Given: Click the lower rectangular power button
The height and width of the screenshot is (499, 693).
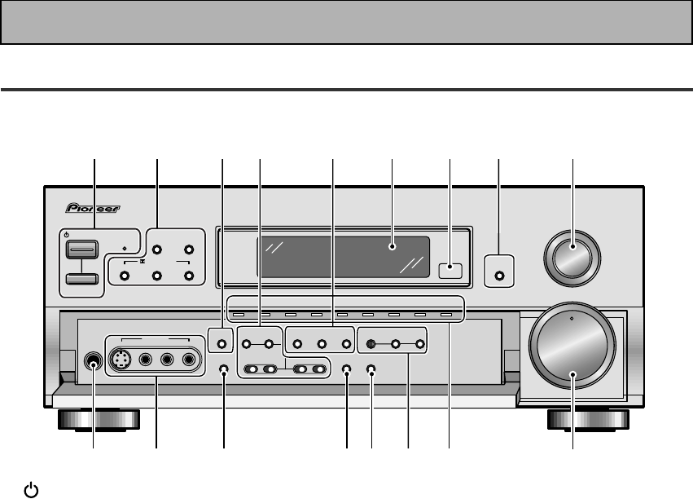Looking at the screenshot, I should (x=82, y=279).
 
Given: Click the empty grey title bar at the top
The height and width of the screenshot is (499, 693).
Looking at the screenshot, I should (x=346, y=22).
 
